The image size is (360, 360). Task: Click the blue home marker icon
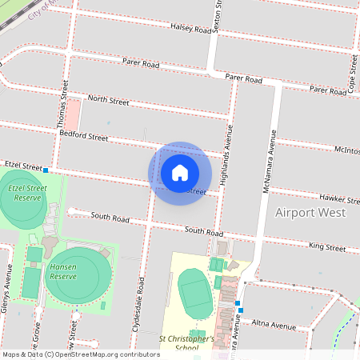(180, 173)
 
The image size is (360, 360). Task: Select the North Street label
(108, 100)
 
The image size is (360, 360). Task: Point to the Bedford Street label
(84, 137)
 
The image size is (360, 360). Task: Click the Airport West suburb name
(310, 213)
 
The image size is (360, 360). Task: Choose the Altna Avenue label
(274, 326)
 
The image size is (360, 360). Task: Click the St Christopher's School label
(186, 343)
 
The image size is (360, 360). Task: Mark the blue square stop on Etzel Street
(46, 170)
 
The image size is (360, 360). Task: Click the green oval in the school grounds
(194, 293)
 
